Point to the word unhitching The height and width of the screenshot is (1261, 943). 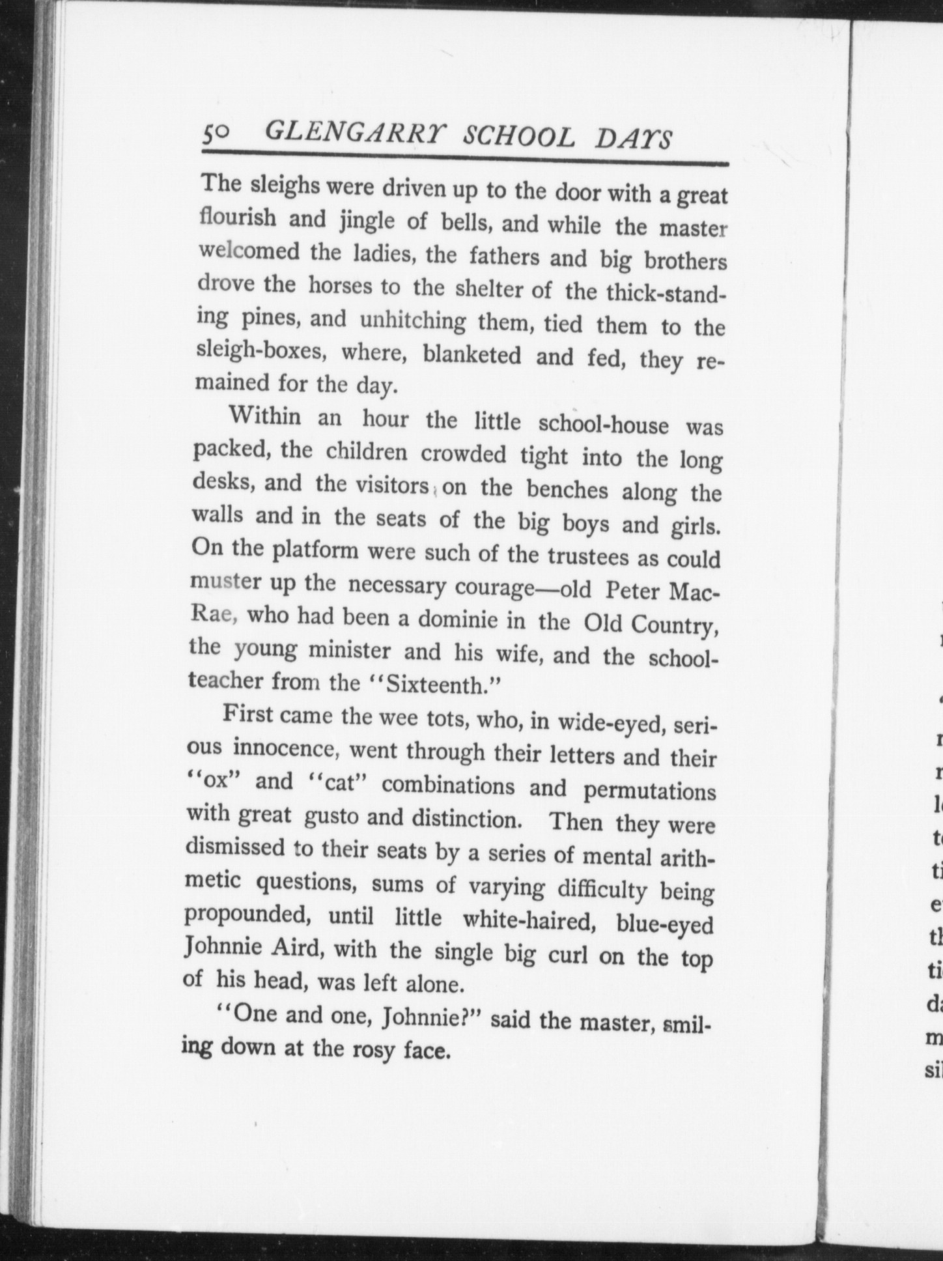[x=412, y=320]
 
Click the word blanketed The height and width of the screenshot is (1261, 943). [x=471, y=355]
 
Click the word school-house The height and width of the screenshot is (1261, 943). [x=603, y=425]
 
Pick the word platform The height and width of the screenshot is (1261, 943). [x=315, y=550]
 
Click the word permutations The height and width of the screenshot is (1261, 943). [x=649, y=790]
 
